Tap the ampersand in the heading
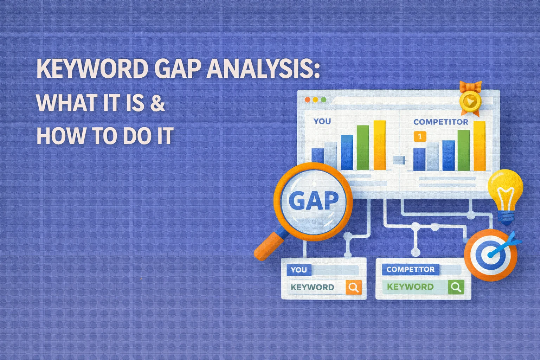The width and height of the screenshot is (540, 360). (x=157, y=103)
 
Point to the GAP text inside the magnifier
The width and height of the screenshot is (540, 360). (x=313, y=201)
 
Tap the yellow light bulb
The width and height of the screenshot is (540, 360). (x=505, y=193)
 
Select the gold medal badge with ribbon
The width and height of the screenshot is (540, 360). (x=470, y=100)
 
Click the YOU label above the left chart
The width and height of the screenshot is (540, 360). (x=322, y=121)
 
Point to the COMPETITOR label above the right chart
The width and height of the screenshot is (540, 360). (x=441, y=122)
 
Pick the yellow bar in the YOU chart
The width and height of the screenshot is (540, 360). (x=380, y=145)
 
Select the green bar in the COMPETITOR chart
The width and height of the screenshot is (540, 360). (x=463, y=150)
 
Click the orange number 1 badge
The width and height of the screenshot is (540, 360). (x=420, y=136)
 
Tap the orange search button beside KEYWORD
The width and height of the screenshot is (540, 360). (x=353, y=288)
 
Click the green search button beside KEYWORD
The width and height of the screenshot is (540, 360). (x=456, y=287)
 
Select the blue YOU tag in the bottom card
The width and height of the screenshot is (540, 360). (x=298, y=270)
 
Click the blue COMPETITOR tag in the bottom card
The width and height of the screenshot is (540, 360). (x=410, y=270)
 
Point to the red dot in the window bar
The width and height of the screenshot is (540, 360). (x=307, y=100)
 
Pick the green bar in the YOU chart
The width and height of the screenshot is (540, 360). (x=363, y=148)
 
